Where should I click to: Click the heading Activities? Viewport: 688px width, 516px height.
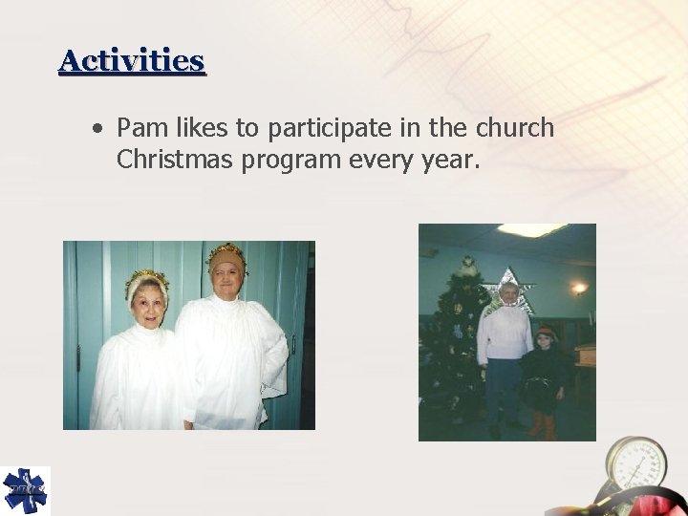[132, 61]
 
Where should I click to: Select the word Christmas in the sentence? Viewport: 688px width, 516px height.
[175, 160]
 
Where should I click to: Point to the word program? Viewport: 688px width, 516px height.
[288, 161]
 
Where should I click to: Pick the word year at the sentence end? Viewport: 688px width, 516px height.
[449, 161]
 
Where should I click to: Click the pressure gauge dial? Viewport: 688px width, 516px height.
[635, 467]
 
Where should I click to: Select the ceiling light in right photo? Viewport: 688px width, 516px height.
[531, 230]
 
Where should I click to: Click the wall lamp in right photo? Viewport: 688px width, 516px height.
[579, 287]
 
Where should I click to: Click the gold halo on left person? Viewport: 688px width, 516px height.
[145, 277]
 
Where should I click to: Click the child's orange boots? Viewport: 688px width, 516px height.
[543, 425]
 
